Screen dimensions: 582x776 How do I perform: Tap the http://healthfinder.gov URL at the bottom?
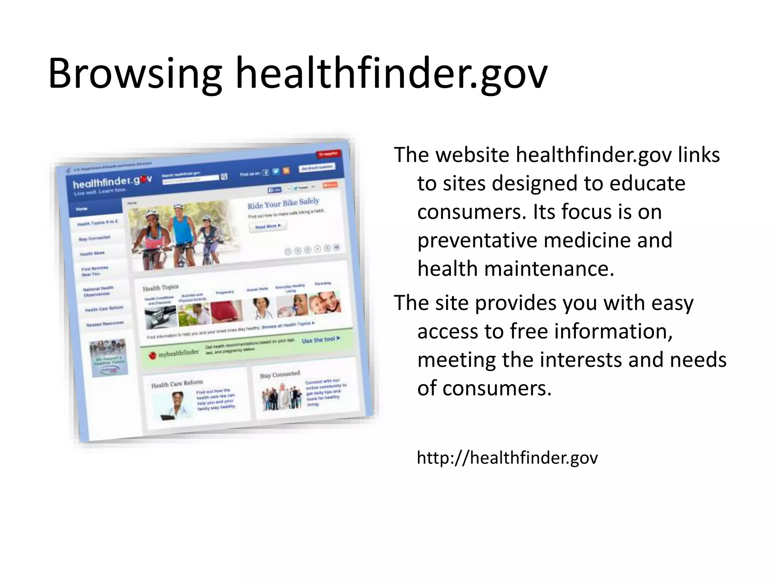pyautogui.click(x=507, y=458)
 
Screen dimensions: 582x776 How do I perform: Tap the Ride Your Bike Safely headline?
pyautogui.click(x=283, y=203)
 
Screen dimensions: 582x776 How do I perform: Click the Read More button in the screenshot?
pyautogui.click(x=268, y=227)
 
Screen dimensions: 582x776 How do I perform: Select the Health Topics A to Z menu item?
pyautogui.click(x=97, y=223)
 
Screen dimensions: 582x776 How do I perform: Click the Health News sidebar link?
pyautogui.click(x=92, y=253)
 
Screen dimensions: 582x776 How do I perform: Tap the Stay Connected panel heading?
pyautogui.click(x=280, y=374)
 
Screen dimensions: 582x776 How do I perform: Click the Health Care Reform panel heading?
pyautogui.click(x=177, y=384)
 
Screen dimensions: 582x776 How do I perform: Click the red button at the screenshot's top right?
pyautogui.click(x=329, y=154)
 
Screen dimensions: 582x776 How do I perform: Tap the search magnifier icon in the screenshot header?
pyautogui.click(x=224, y=176)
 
